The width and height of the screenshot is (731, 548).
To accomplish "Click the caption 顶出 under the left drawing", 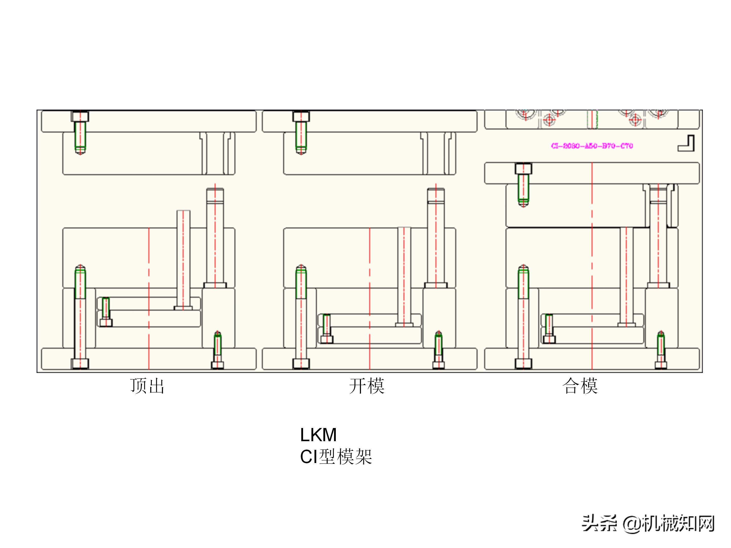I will (147, 386).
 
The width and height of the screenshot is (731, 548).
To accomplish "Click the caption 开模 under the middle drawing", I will (367, 386).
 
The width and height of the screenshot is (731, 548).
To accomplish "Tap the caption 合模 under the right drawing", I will (580, 386).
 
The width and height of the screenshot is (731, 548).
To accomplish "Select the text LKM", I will (318, 435).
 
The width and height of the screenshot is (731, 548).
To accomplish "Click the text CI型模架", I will (336, 457).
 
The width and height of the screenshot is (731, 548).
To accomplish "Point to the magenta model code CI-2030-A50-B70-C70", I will (592, 146).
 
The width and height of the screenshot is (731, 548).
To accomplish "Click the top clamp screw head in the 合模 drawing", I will (523, 169).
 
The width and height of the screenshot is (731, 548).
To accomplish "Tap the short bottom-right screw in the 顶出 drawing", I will (218, 350).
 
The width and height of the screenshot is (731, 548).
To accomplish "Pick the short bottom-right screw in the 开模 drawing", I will (439, 350).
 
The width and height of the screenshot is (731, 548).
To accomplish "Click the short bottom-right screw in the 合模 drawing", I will (661, 350).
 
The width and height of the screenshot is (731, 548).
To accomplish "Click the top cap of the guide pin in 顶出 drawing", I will (215, 194).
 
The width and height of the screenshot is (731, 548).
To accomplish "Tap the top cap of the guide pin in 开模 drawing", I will (436, 194).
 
